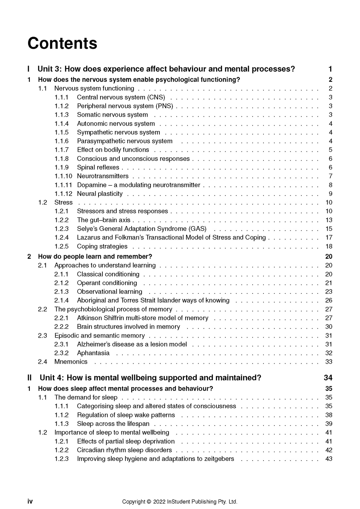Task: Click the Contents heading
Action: pos(62,44)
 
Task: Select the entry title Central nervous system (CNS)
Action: pos(121,97)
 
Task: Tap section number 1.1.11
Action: pos(63,185)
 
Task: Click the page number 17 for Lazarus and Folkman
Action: pos(329,237)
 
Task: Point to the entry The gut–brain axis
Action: pos(103,220)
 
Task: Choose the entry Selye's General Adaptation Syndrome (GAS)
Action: pos(141,229)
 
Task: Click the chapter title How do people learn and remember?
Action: pos(95,256)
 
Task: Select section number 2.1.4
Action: pos(62,300)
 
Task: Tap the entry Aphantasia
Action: pos(93,353)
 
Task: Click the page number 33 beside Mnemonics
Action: pos(329,362)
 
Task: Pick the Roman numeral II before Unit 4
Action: pos(30,378)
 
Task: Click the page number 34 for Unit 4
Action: pos(328,378)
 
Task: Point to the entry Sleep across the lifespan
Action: pos(113,424)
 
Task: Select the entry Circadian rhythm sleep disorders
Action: pos(124,450)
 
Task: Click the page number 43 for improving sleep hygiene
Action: pos(329,459)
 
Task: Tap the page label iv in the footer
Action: pos(30,501)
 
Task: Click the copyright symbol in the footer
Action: pos(149,502)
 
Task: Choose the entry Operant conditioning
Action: pos(107,283)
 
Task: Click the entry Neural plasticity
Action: pos(99,194)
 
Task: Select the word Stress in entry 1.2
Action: pos(63,202)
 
